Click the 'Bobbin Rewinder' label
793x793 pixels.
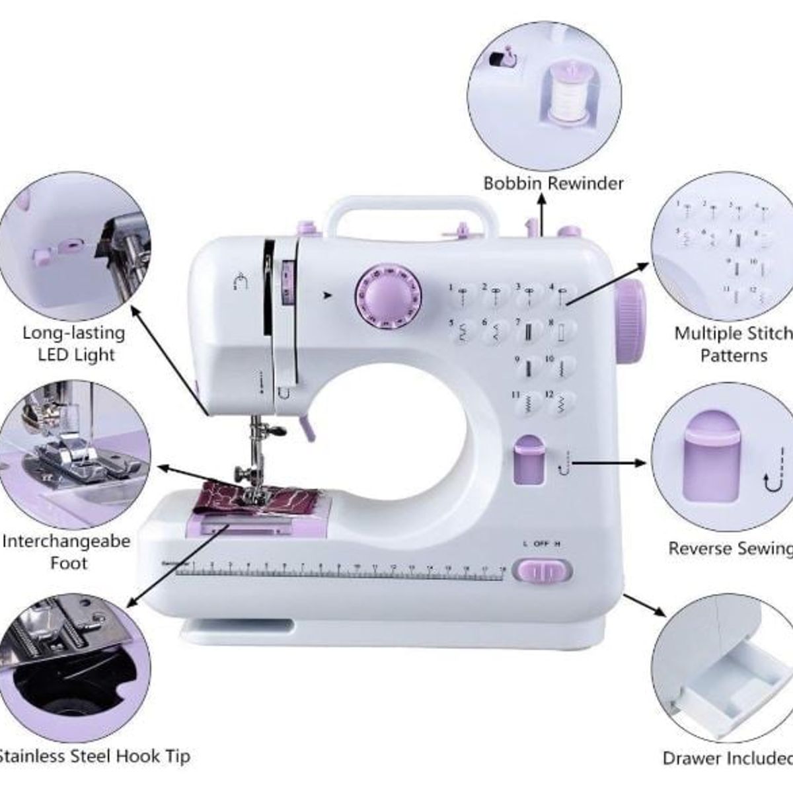tap(553, 183)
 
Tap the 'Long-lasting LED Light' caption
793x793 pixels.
tap(73, 343)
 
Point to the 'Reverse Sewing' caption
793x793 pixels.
tap(730, 548)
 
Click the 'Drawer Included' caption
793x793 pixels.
tap(727, 758)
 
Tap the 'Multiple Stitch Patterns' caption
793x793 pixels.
tap(732, 344)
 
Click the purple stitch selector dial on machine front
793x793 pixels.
tap(388, 295)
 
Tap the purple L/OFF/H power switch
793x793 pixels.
tap(543, 570)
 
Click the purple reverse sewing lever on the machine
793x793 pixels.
tap(527, 460)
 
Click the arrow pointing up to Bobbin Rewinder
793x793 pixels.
tap(541, 215)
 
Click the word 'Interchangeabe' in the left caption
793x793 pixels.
tap(67, 541)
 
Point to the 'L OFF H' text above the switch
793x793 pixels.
tap(541, 544)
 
